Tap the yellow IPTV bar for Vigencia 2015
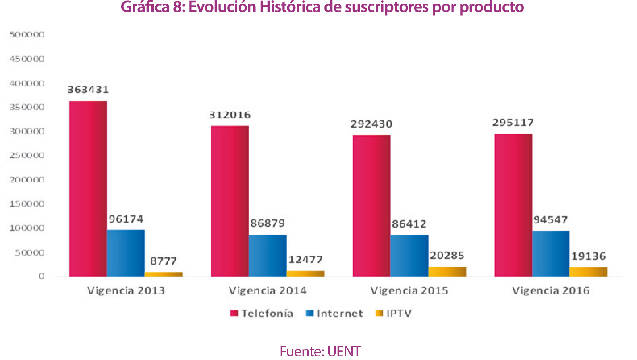click(x=447, y=271)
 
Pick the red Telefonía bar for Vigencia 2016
click(x=513, y=205)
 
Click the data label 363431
click(x=88, y=90)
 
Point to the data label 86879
click(x=268, y=223)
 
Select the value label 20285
click(x=447, y=256)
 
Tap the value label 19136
click(x=588, y=256)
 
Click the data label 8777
click(x=163, y=261)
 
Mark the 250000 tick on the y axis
click(x=27, y=156)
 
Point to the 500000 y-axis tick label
click(x=27, y=35)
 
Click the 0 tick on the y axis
click(x=41, y=276)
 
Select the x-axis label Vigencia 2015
click(x=409, y=290)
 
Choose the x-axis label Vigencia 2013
click(x=126, y=290)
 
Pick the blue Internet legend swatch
click(x=310, y=313)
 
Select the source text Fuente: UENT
click(x=320, y=351)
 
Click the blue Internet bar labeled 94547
click(x=550, y=253)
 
